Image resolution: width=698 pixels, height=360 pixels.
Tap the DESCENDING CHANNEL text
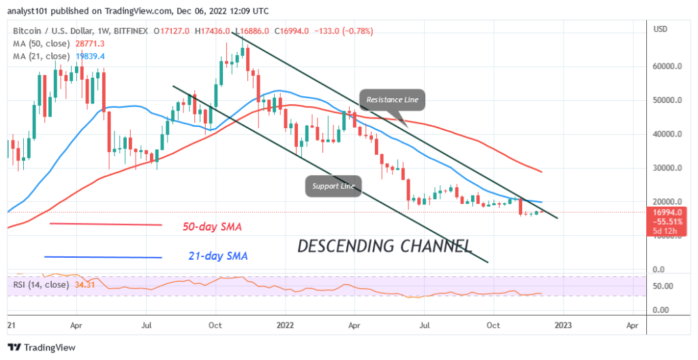384,245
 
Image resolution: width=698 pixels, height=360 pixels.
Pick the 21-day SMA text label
217,257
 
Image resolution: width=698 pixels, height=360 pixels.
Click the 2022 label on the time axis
285,327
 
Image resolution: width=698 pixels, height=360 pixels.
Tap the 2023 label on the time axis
562,327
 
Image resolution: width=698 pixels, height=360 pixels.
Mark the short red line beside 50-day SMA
106,224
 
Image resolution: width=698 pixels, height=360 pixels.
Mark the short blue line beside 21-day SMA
103,257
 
